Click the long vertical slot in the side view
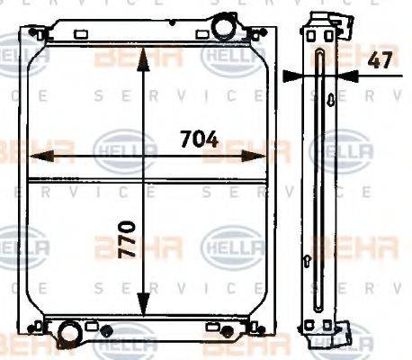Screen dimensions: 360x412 coord(321,180)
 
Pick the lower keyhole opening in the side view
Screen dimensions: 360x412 coord(311,262)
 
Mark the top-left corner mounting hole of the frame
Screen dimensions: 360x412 coord(35,33)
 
